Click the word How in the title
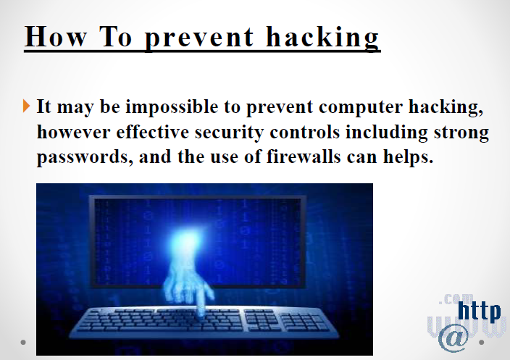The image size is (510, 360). (x=56, y=36)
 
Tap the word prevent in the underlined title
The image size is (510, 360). (x=198, y=39)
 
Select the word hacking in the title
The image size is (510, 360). (x=322, y=38)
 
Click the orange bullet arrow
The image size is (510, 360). (x=27, y=106)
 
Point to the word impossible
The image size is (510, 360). (x=172, y=107)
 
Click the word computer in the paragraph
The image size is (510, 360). (x=361, y=108)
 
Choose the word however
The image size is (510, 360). (x=74, y=132)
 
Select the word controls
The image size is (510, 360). (x=305, y=132)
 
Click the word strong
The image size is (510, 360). (x=461, y=133)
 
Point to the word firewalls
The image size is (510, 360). (x=304, y=156)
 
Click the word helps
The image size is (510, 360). (x=408, y=157)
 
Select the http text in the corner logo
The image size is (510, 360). (x=479, y=311)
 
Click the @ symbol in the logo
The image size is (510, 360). (x=453, y=338)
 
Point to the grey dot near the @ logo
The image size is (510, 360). (x=481, y=342)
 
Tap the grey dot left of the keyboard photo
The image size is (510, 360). (x=23, y=342)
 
